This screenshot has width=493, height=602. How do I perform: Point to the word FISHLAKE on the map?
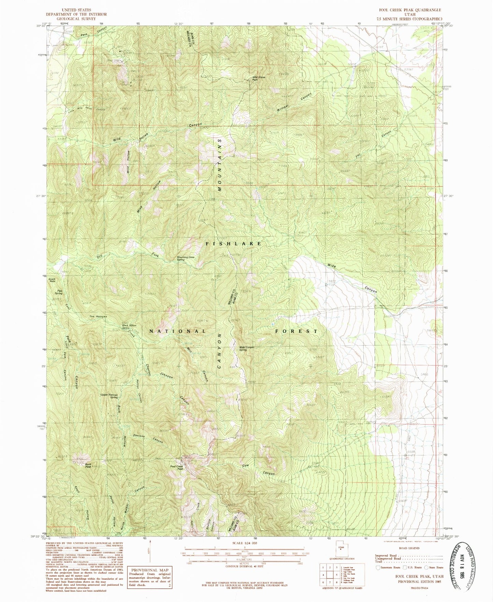click(x=234, y=243)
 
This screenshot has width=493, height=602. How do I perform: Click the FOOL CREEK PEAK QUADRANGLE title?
click(x=409, y=10)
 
